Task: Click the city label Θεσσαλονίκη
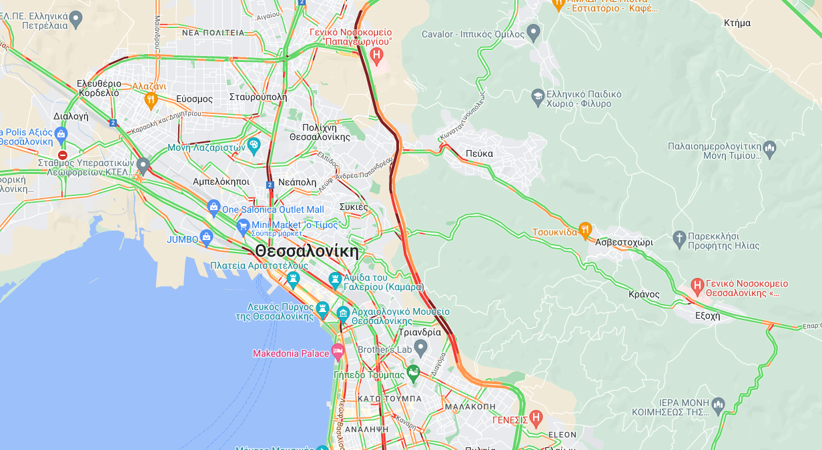click(x=306, y=251)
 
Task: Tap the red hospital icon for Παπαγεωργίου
click(x=377, y=55)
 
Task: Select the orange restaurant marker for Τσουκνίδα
click(x=585, y=230)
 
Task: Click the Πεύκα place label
click(x=479, y=153)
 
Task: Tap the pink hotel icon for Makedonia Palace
click(x=338, y=351)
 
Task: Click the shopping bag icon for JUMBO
click(x=207, y=237)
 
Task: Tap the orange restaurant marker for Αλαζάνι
click(x=151, y=100)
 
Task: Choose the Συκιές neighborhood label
click(x=354, y=207)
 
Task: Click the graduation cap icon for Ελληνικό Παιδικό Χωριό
click(x=537, y=97)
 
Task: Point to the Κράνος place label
click(x=644, y=294)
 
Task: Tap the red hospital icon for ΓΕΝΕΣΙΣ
click(x=536, y=418)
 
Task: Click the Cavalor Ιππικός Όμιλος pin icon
click(x=533, y=31)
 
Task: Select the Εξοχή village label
click(x=707, y=316)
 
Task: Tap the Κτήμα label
click(x=737, y=23)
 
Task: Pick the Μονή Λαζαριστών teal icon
click(x=254, y=145)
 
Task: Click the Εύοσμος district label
click(x=195, y=99)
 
